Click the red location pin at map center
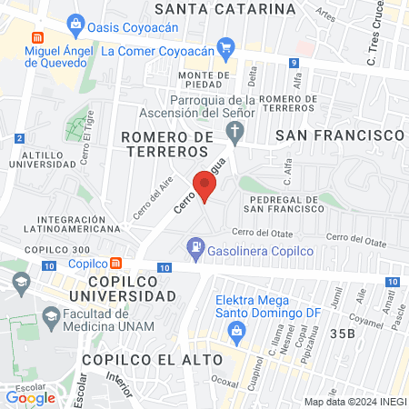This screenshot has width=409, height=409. tap(205, 187)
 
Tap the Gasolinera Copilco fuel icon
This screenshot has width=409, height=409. tap(195, 245)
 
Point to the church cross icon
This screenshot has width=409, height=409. tap(234, 134)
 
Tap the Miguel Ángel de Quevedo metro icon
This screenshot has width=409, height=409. tap(37, 40)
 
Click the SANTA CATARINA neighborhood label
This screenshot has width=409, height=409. tap(225, 8)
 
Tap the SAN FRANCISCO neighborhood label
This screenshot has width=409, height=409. tap(339, 135)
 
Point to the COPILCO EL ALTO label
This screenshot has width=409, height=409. tap(139, 359)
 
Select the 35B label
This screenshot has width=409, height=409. tap(342, 334)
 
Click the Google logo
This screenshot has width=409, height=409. tap(31, 396)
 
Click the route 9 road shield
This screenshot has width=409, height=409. tap(294, 63)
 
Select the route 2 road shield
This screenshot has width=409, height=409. tap(19, 137)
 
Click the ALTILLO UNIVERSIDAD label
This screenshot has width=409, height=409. tap(46, 160)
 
